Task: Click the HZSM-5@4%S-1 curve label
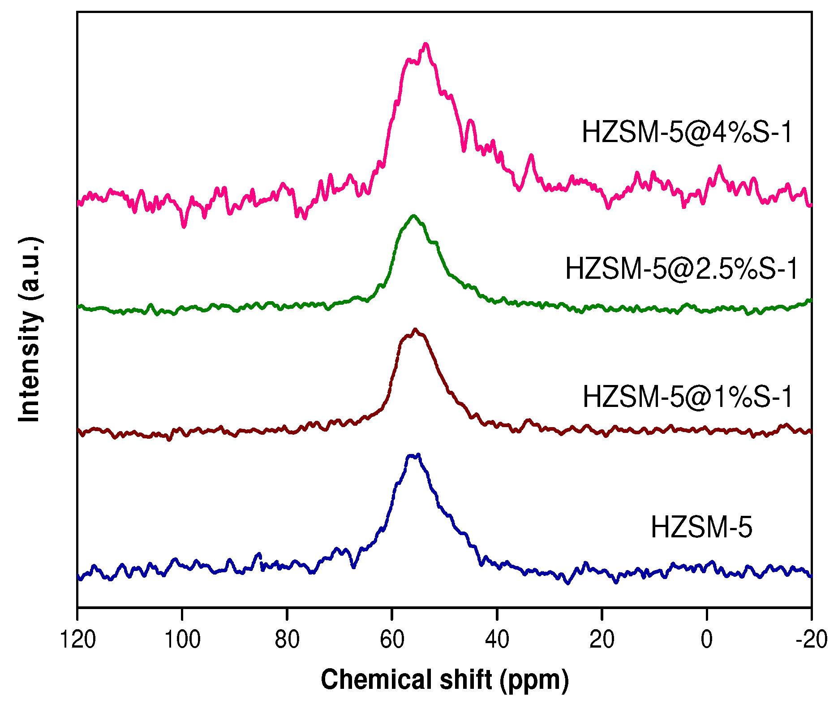click(x=687, y=133)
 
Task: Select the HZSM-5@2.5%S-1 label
click(x=682, y=269)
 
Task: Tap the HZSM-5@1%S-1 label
click(x=688, y=397)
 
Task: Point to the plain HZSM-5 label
click(x=701, y=527)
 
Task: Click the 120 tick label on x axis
click(x=77, y=640)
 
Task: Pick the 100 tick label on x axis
click(x=182, y=640)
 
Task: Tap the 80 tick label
click(x=287, y=640)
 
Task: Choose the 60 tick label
click(x=392, y=640)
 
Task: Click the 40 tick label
click(x=497, y=640)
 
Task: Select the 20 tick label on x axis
click(x=602, y=640)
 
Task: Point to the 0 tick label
click(x=706, y=640)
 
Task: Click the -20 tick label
click(x=811, y=640)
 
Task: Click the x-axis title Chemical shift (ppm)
click(x=445, y=680)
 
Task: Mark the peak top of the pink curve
click(x=425, y=44)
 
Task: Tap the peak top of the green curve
click(x=413, y=216)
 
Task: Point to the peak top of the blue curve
click(x=418, y=455)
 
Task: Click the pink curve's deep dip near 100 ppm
click(x=184, y=227)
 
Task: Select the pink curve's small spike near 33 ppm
click(x=531, y=156)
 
